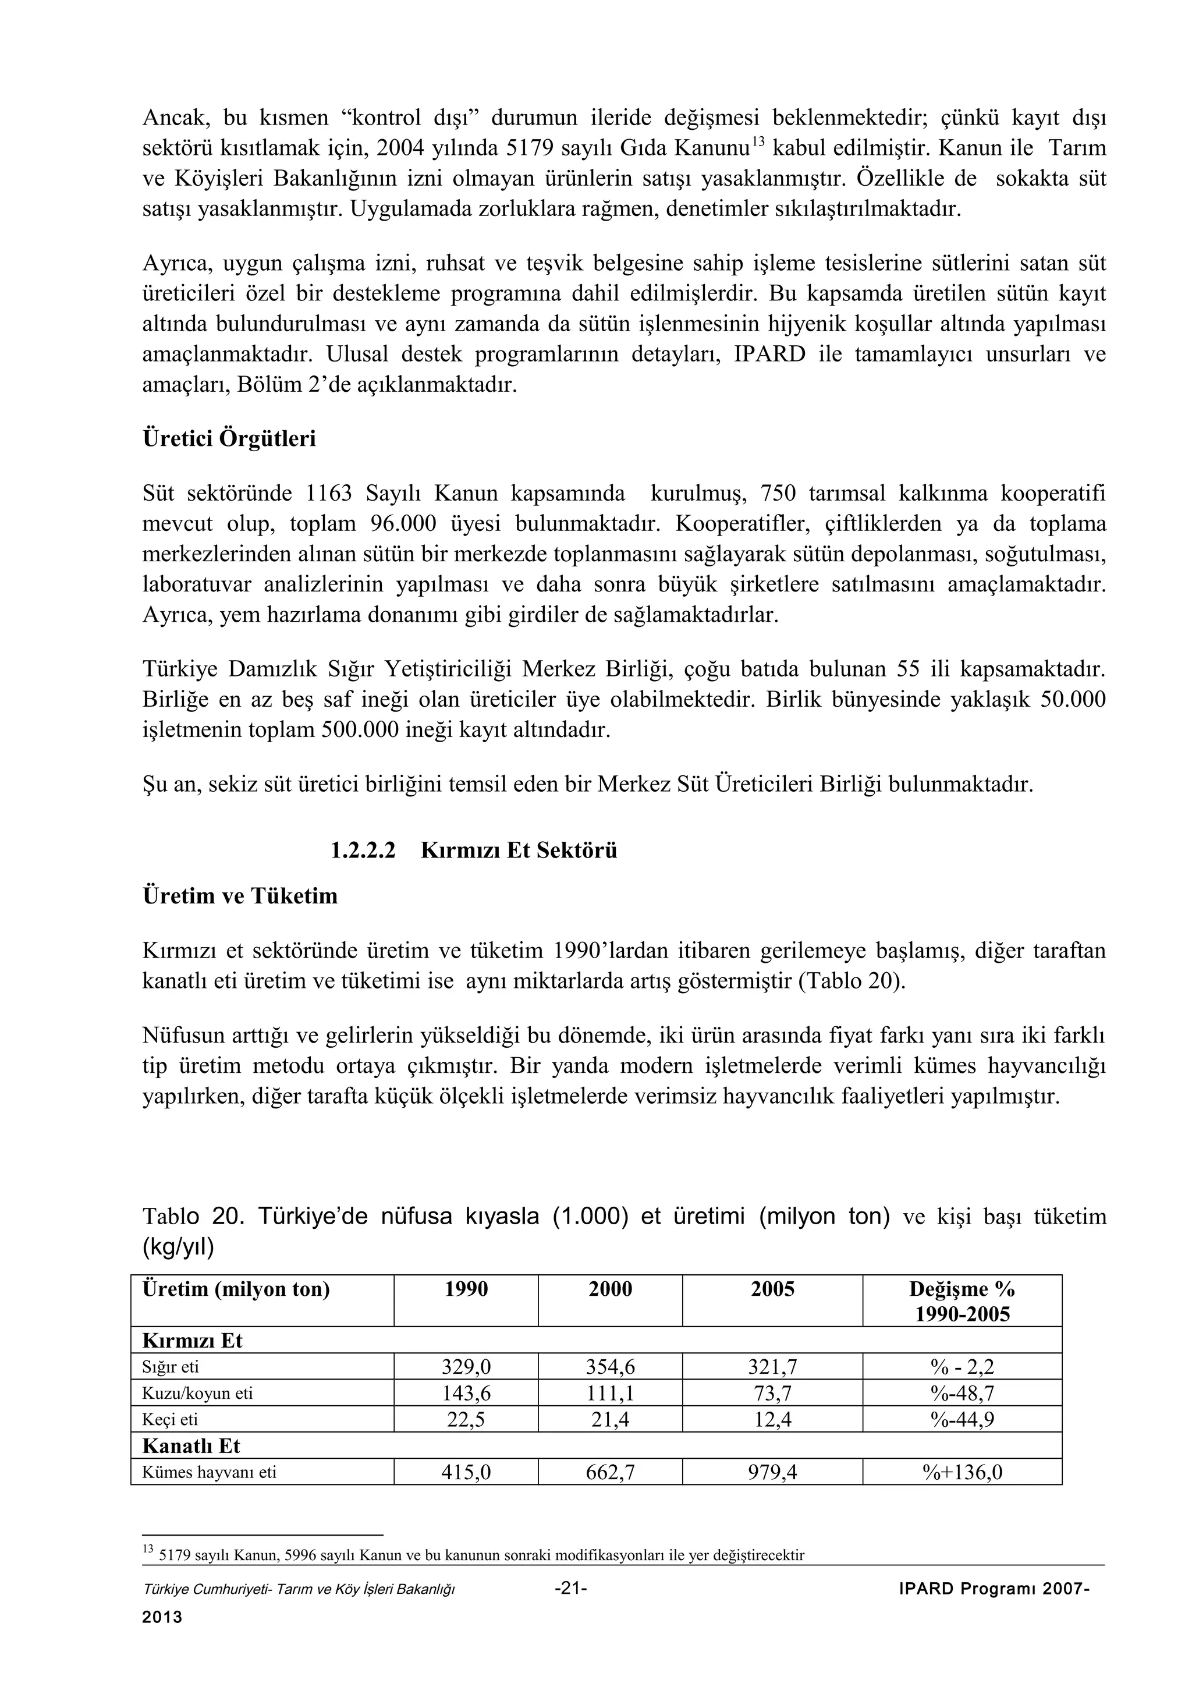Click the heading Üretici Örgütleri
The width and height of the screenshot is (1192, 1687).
pyautogui.click(x=229, y=439)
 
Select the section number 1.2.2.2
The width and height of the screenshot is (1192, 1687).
pyautogui.click(x=363, y=851)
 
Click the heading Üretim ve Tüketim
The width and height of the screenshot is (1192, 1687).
pyautogui.click(x=240, y=896)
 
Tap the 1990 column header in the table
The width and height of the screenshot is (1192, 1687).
pyautogui.click(x=466, y=1289)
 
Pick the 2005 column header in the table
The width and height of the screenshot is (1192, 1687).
pyautogui.click(x=772, y=1289)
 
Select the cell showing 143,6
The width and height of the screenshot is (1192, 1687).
pyautogui.click(x=466, y=1393)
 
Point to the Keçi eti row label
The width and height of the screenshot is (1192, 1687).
pyautogui.click(x=171, y=1420)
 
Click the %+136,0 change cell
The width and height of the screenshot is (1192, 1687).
pyautogui.click(x=962, y=1472)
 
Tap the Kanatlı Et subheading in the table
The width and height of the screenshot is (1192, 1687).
pyautogui.click(x=191, y=1446)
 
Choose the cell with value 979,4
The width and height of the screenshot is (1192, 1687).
pyautogui.click(x=772, y=1472)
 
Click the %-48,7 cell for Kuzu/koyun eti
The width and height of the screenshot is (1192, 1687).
pyautogui.click(x=962, y=1393)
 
